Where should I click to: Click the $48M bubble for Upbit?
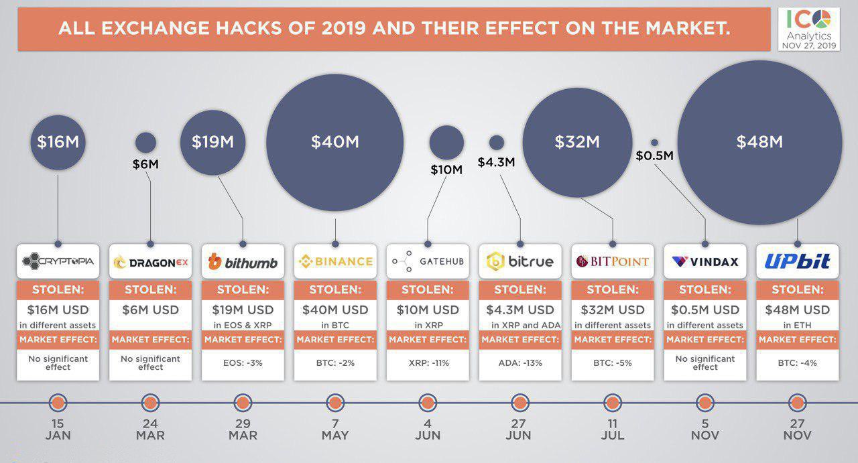click(759, 142)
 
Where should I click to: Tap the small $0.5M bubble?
click(654, 143)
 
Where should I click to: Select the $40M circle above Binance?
click(335, 142)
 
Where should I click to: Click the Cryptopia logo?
click(58, 261)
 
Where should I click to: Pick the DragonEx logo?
click(150, 262)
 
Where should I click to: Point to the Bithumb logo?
click(243, 262)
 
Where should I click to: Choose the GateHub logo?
click(428, 261)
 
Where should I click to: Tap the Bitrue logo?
click(520, 261)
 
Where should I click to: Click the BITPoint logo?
click(613, 261)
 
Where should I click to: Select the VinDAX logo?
click(705, 261)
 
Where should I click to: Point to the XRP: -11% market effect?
click(428, 363)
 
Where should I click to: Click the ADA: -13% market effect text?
click(520, 363)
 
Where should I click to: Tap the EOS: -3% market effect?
click(243, 363)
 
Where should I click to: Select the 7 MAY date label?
click(335, 429)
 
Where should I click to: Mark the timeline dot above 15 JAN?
click(58, 403)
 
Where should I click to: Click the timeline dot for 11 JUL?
click(613, 403)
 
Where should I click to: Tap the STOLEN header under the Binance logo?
click(335, 290)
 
